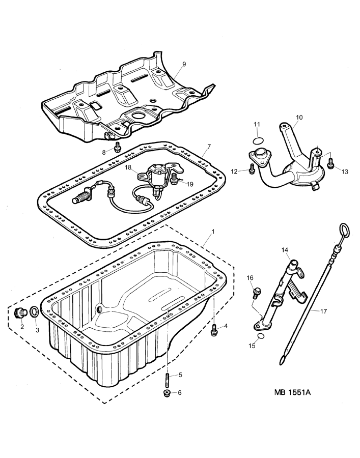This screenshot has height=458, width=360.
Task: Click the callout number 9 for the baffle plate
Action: pos(184,64)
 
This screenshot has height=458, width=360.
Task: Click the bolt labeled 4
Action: pos(214,331)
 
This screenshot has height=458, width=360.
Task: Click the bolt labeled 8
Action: pos(118,147)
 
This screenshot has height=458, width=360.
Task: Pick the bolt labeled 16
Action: pos(257,293)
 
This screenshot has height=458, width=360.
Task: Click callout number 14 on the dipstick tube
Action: pos(285,250)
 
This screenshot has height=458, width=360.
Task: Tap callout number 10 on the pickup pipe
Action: pos(299,118)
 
